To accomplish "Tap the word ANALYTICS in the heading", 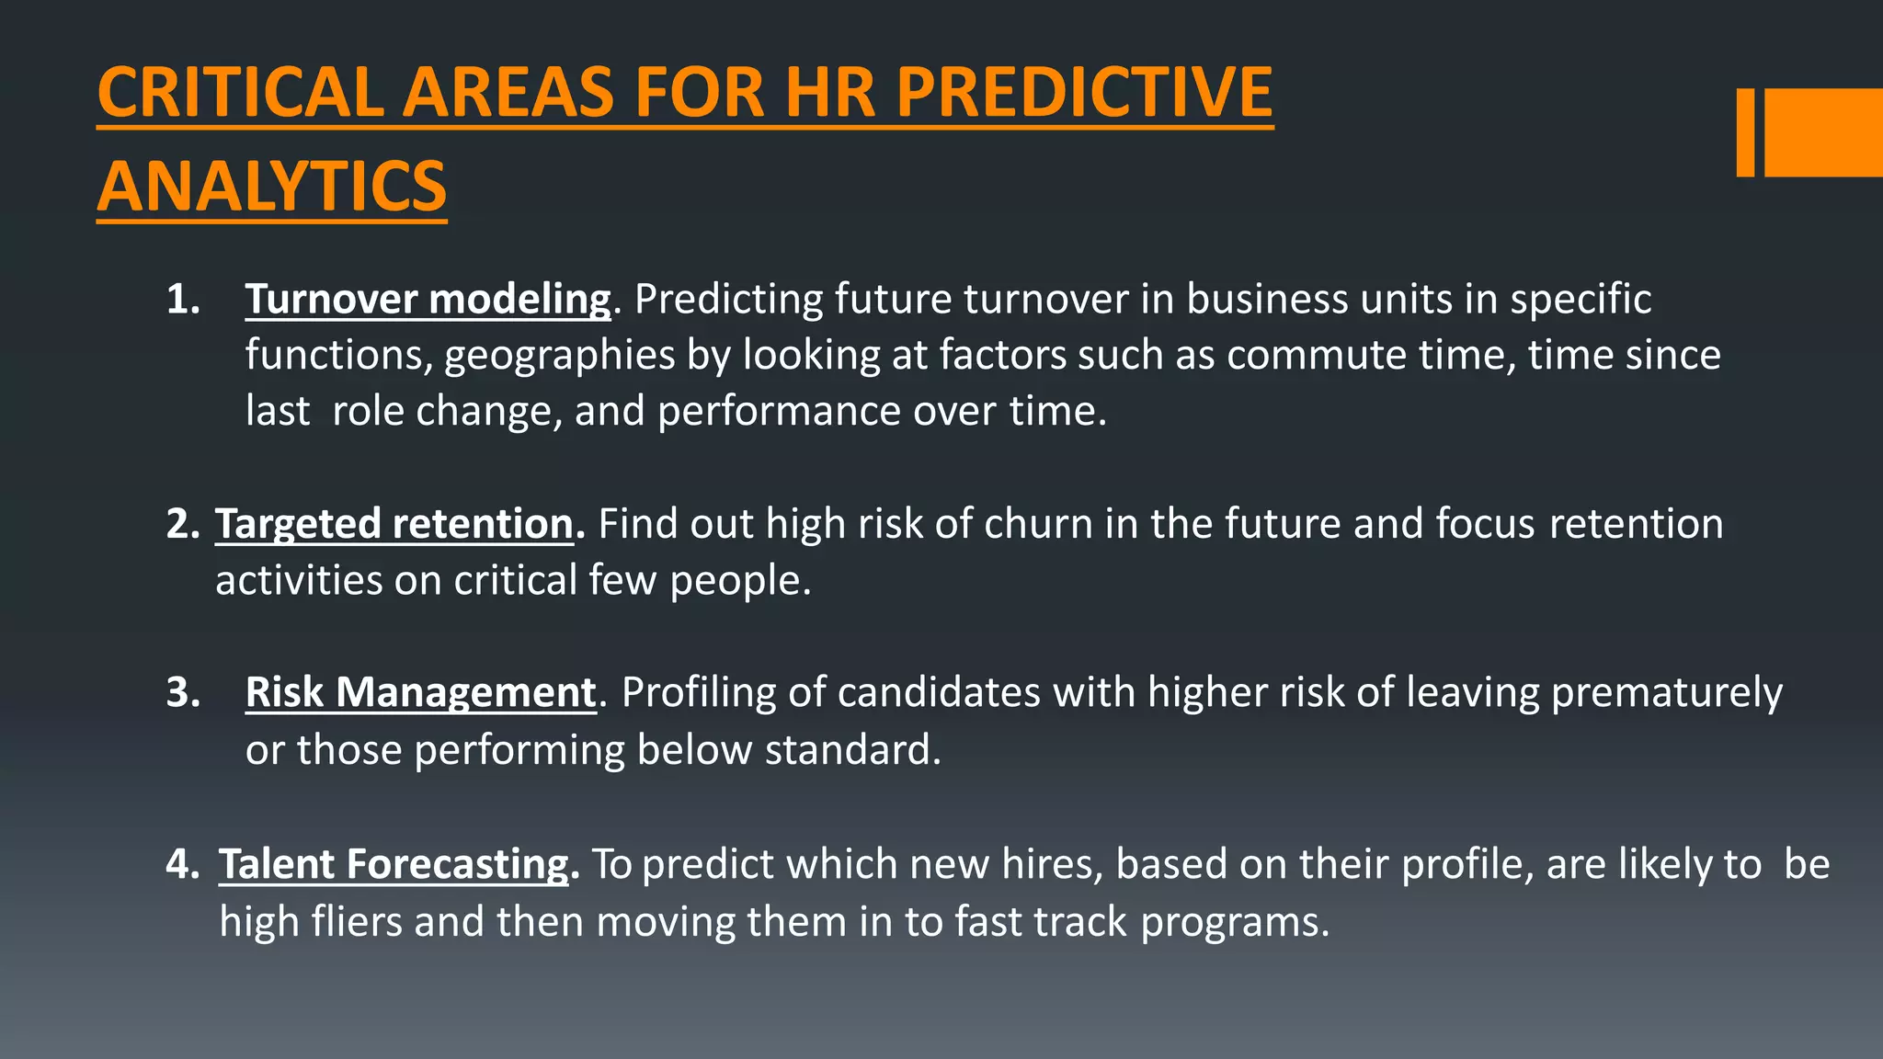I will [x=272, y=187].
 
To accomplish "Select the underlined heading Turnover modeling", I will [x=428, y=300].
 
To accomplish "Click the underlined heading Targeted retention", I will [x=394, y=524].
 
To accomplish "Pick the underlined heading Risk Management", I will [x=421, y=692].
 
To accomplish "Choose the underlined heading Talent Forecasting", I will [x=394, y=864].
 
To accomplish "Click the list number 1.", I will [x=183, y=300].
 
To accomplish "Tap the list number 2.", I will [x=183, y=524].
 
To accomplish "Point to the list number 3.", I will [x=183, y=692].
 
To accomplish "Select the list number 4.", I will [x=183, y=864].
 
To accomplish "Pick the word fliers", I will [x=356, y=921].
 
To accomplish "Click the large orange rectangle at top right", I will [x=1823, y=132].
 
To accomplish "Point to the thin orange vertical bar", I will [x=1745, y=132].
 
